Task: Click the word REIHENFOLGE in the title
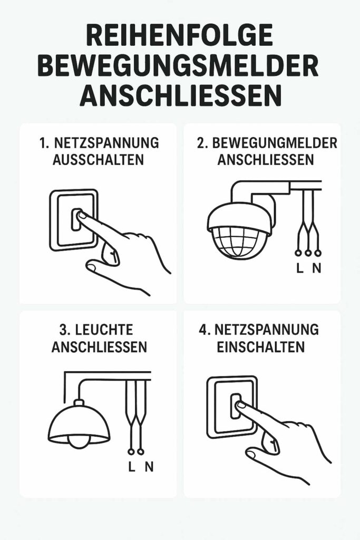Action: [x=179, y=38]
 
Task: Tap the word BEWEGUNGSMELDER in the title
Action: [x=179, y=67]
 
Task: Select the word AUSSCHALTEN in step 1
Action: [x=98, y=160]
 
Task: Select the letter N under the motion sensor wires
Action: [x=316, y=268]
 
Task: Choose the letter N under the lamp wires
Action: [x=149, y=467]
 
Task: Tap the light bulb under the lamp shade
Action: [x=79, y=441]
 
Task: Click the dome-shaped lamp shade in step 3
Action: [x=79, y=422]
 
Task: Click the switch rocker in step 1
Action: [x=75, y=221]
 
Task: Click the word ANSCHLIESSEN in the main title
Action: [x=179, y=96]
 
